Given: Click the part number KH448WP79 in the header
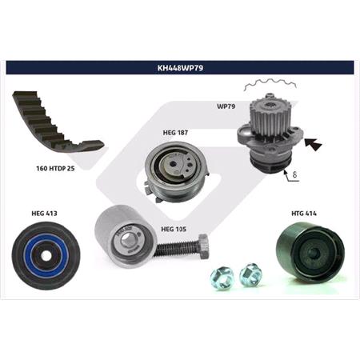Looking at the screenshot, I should pos(179,67).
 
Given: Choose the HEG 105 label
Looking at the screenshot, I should pos(174,229).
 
